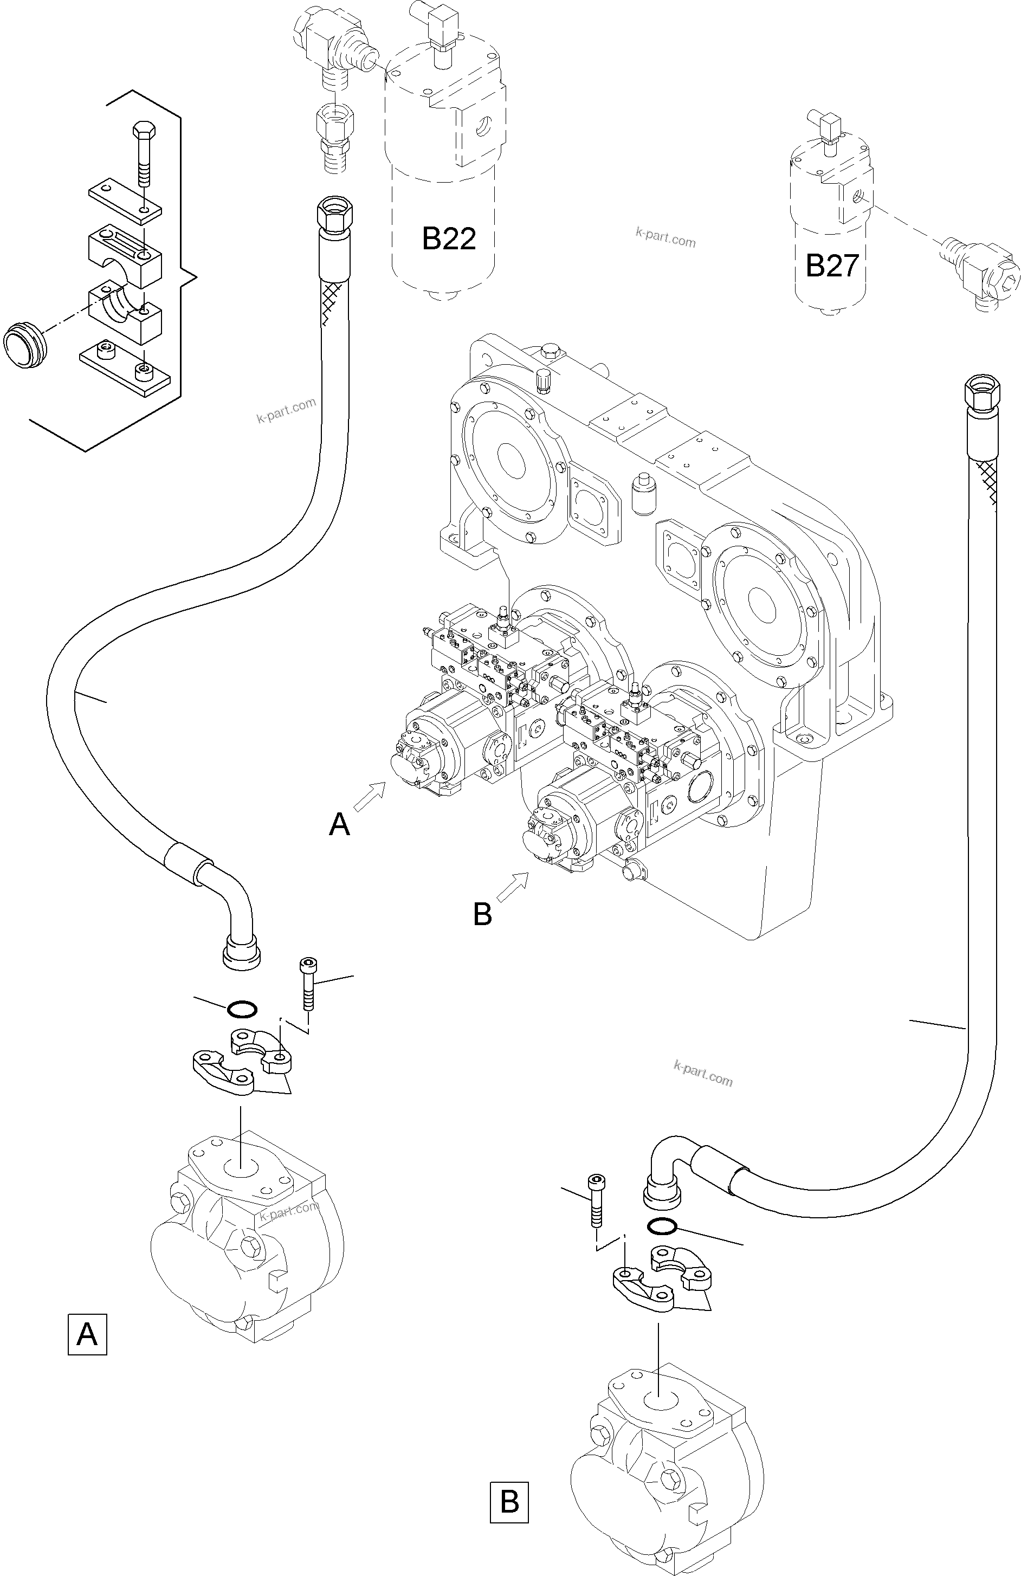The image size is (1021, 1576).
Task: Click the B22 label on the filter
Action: coord(449,238)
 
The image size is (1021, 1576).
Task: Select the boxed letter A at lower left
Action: coord(87,1334)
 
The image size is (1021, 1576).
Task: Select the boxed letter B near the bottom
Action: coord(509,1502)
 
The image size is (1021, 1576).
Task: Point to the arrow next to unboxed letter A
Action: coord(370,795)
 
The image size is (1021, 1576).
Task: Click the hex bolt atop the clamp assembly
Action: coord(143,152)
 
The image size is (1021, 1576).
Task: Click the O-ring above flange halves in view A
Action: coord(242,1009)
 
